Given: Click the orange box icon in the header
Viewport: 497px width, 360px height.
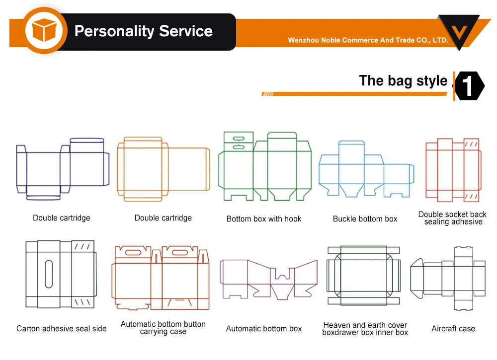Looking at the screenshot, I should [x=43, y=31].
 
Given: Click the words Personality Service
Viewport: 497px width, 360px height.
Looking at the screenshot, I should [x=143, y=31].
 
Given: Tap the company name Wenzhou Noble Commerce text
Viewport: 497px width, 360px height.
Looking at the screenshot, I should [x=368, y=40].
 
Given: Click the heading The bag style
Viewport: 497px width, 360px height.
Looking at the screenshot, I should [x=403, y=80].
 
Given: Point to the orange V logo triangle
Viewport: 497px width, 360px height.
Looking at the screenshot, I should [x=459, y=31].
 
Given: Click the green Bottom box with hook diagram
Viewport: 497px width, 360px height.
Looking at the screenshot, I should [x=264, y=166].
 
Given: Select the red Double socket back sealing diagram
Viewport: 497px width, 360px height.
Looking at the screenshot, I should [x=453, y=170].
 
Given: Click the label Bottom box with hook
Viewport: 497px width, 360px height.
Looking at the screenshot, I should [x=264, y=218].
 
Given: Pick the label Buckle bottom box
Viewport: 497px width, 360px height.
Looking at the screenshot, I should [x=365, y=218].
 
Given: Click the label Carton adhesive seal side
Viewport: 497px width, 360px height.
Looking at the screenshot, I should [x=61, y=328].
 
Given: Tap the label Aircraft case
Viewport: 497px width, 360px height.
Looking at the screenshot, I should [x=453, y=328].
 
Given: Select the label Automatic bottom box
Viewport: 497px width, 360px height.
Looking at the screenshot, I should [x=264, y=328].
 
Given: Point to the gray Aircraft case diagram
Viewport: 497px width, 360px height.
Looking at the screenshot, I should [x=448, y=274].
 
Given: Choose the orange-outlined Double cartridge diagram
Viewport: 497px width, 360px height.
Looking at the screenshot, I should [x=163, y=169].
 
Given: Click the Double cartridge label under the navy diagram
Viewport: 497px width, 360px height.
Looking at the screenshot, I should [x=62, y=217].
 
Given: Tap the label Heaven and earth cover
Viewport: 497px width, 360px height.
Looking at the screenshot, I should [x=365, y=325].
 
